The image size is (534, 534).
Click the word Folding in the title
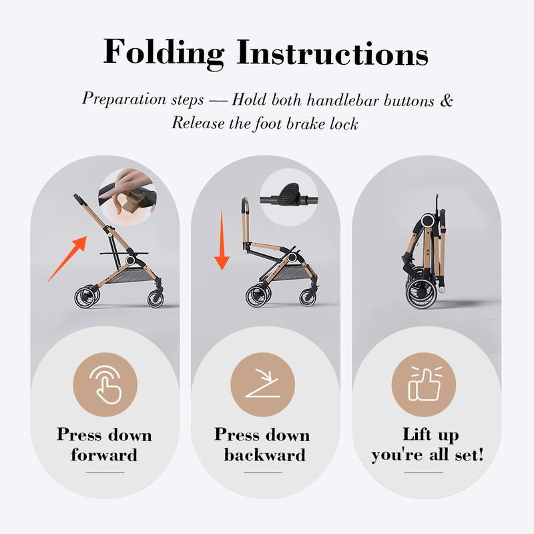pos(164,53)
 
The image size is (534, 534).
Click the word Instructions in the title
pos(332,52)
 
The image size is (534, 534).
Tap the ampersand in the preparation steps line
pos(446,101)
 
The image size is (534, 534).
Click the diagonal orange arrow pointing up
pos(67,258)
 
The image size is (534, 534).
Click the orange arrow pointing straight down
pos(222,240)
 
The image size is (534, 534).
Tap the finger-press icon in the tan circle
pos(105,384)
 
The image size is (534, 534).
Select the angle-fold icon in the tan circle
pos(262,383)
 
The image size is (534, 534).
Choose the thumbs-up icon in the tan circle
pos(424,383)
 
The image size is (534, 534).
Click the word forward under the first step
pos(104,455)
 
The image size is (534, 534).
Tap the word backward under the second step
pos(264,455)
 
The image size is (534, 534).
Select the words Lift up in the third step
pos(431,435)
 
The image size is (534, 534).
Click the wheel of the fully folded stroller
pos(422,293)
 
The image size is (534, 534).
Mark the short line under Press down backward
pos(262,473)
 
